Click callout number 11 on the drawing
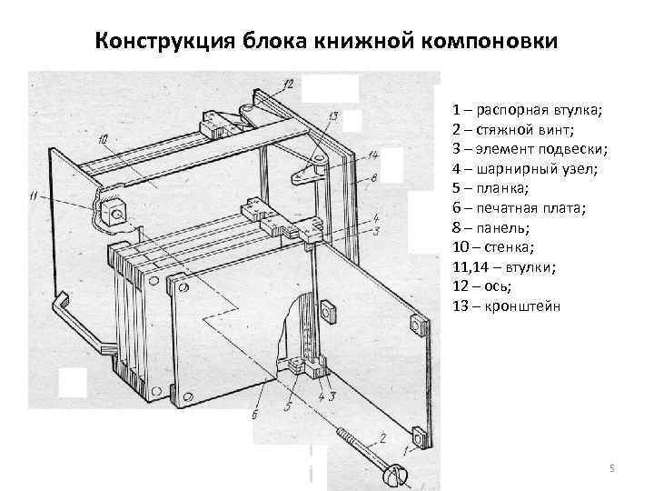click(x=35, y=195)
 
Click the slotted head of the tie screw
click(x=397, y=474)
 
